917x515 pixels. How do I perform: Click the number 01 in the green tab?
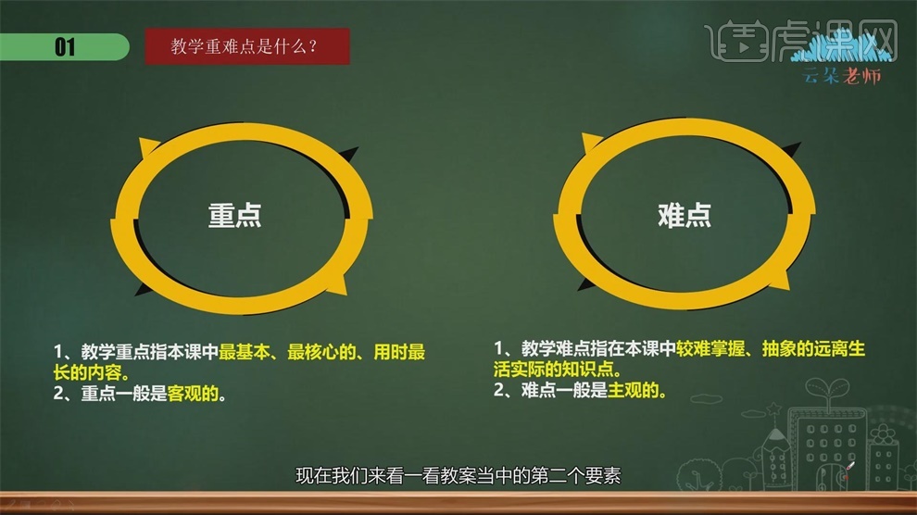click(65, 47)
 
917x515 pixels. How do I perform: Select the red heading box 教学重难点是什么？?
click(247, 46)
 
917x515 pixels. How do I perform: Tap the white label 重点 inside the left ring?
click(234, 215)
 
